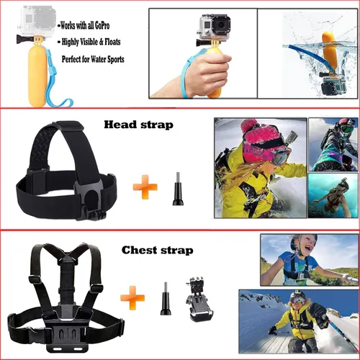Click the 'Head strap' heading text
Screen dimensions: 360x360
coord(138,125)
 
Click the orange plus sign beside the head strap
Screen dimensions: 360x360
coord(144,187)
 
